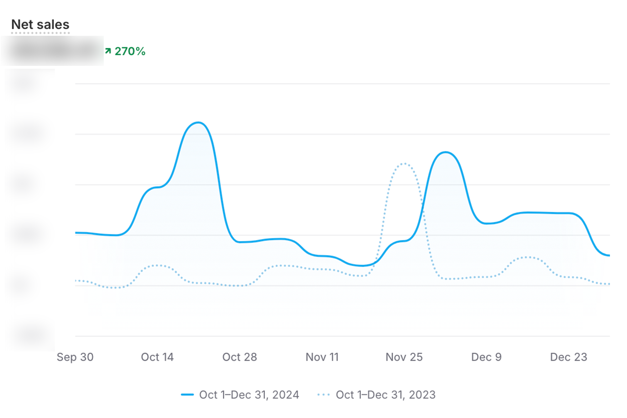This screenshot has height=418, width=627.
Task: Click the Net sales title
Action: click(x=40, y=24)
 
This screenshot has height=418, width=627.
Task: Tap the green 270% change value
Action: click(x=130, y=51)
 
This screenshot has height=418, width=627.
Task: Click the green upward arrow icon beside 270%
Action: click(x=108, y=51)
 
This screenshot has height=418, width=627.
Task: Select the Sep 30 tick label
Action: click(x=75, y=357)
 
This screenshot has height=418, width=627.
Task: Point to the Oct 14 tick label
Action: click(x=157, y=357)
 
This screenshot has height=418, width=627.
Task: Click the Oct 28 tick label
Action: click(x=240, y=357)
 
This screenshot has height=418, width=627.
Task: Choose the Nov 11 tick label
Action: click(x=322, y=357)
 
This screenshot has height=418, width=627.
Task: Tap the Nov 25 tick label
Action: click(x=404, y=357)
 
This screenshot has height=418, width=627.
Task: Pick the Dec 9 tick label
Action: click(x=486, y=357)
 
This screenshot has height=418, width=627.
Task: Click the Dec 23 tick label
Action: click(x=568, y=357)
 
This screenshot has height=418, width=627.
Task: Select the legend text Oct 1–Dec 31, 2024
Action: click(x=249, y=395)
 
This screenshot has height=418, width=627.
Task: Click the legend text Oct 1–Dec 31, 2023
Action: click(x=386, y=395)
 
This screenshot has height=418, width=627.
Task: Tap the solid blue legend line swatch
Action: click(x=187, y=395)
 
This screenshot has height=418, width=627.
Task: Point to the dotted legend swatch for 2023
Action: click(x=324, y=395)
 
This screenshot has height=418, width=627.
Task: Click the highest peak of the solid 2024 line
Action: click(x=198, y=122)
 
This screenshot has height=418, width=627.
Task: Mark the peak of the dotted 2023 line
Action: click(x=404, y=163)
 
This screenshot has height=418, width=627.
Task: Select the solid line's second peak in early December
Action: click(x=445, y=152)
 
